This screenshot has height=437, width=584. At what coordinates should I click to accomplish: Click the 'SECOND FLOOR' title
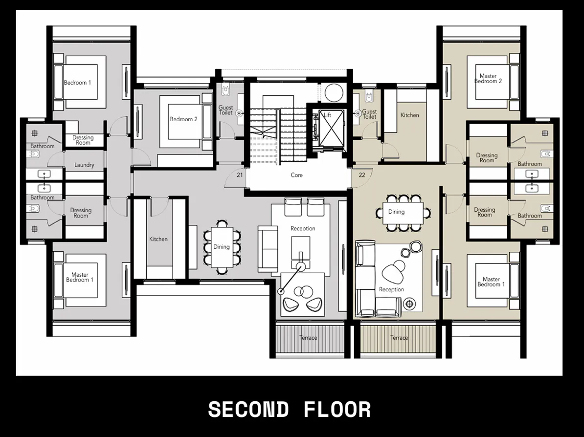289,410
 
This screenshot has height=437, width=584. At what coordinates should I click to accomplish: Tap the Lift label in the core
327,115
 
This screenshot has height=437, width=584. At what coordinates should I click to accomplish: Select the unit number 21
240,175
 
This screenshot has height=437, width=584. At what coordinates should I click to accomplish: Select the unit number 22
362,175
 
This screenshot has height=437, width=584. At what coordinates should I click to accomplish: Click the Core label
296,175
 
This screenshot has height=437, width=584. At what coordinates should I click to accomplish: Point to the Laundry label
84,165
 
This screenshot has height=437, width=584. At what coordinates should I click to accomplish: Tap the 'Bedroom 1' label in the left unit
77,83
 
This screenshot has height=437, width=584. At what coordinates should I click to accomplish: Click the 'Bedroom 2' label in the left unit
183,119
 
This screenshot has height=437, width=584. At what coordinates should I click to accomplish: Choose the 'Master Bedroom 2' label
488,79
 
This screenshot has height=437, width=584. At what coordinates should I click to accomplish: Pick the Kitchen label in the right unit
409,115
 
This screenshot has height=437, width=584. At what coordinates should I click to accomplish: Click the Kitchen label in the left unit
158,239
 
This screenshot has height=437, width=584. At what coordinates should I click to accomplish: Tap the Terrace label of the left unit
308,338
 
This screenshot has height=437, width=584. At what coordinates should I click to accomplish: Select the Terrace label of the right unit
399,338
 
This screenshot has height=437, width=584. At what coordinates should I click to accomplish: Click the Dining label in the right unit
396,212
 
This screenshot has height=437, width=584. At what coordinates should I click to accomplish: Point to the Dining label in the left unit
221,247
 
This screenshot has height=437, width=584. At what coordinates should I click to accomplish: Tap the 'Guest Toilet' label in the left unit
225,110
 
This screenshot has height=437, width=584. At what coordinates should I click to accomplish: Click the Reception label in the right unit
391,289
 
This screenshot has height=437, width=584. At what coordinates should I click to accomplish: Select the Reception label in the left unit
303,228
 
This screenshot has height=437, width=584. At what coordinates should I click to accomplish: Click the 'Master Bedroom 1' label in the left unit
80,277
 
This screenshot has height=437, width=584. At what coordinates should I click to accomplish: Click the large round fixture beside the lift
334,92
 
